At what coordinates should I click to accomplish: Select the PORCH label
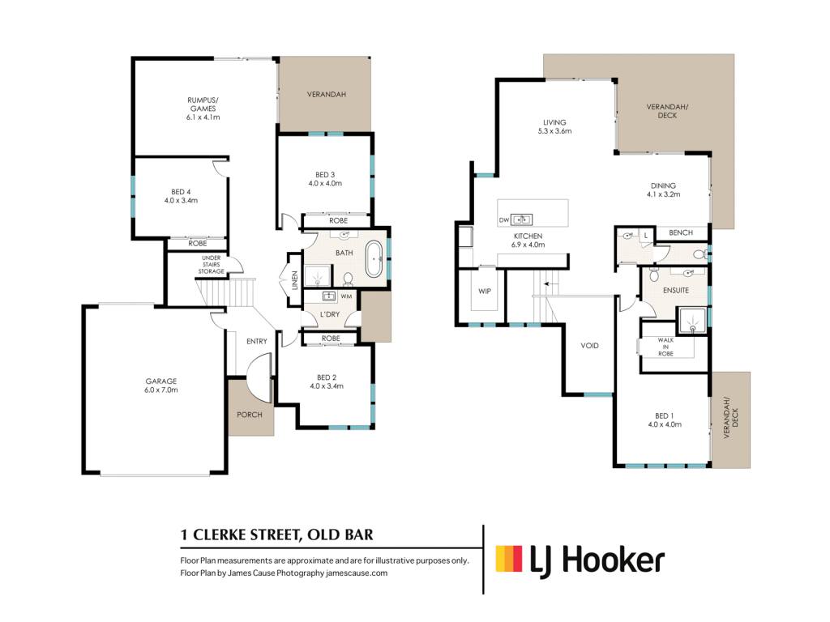tap(250, 415)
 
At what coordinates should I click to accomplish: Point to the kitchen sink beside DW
tap(521, 219)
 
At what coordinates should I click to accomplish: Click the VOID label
tap(590, 345)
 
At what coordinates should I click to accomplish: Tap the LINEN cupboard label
tap(295, 279)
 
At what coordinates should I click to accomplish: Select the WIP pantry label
tap(485, 291)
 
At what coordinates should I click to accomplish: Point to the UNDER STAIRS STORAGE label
tap(212, 265)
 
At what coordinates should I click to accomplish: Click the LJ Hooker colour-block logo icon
tap(509, 559)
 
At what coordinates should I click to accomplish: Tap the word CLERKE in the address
tap(219, 535)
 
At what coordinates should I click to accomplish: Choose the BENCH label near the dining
tap(681, 232)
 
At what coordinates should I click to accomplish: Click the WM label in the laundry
tap(346, 296)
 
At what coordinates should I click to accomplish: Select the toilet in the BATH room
tap(348, 279)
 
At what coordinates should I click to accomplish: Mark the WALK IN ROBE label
tap(665, 347)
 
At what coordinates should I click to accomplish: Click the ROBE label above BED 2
tap(331, 339)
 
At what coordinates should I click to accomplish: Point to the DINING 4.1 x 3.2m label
tap(663, 190)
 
